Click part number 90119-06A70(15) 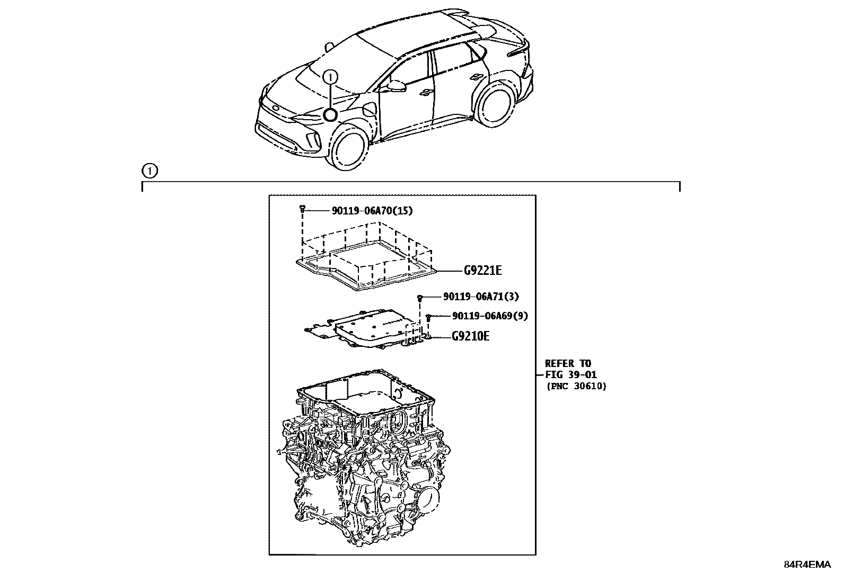[x=372, y=211]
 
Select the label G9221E [x=482, y=271]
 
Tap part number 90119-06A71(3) [x=481, y=297]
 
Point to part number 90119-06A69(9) [x=490, y=316]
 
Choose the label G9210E [x=470, y=336]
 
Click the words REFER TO [x=568, y=364]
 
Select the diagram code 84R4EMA [x=808, y=565]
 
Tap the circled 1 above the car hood [x=330, y=77]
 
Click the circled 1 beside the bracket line [x=150, y=171]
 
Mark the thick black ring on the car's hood [x=330, y=115]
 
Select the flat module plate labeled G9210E [x=366, y=331]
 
